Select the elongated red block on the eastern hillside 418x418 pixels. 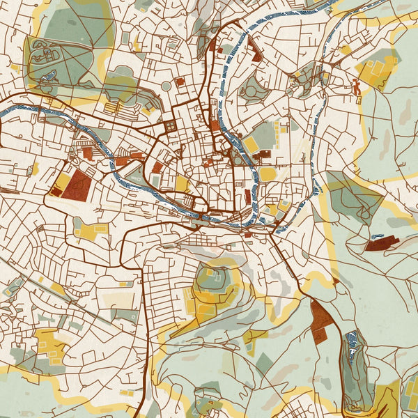[x=380, y=243]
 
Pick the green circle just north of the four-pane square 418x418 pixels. [x=166, y=86]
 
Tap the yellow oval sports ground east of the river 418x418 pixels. [x=268, y=173]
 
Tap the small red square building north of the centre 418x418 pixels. [x=180, y=82]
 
